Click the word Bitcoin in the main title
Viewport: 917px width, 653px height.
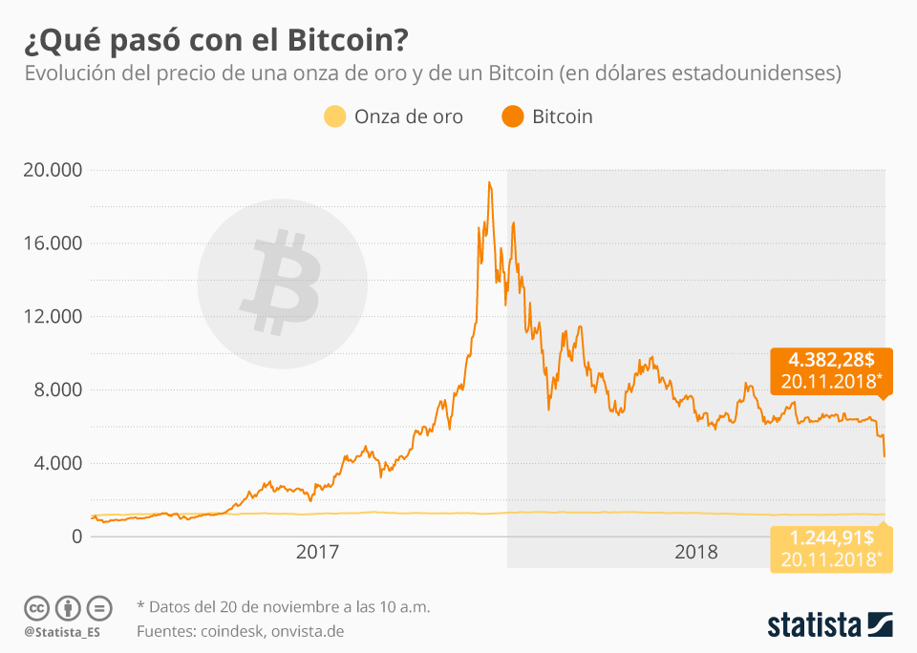click(340, 41)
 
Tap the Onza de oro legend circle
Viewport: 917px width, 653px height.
click(333, 116)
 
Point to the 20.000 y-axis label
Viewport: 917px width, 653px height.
click(53, 170)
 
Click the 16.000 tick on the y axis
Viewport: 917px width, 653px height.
click(53, 243)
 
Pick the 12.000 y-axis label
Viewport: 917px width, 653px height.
click(53, 317)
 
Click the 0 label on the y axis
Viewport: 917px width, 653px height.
click(77, 537)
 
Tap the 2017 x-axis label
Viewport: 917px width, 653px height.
click(318, 552)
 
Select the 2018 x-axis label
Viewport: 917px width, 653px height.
click(696, 552)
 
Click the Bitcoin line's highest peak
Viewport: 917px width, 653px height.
click(489, 182)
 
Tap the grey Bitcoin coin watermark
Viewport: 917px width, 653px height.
click(282, 282)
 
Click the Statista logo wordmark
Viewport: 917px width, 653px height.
click(814, 625)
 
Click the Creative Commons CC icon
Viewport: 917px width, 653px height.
click(37, 608)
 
